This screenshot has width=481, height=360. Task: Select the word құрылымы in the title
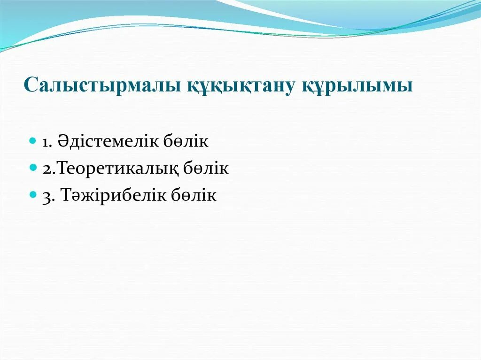click(357, 86)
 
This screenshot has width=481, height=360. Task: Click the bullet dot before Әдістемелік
click(33, 140)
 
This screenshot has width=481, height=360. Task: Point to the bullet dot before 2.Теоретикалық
click(33, 167)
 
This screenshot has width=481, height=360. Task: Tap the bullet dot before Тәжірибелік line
click(33, 194)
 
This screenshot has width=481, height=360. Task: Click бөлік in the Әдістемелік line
click(188, 141)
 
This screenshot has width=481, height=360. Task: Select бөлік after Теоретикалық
click(209, 168)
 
